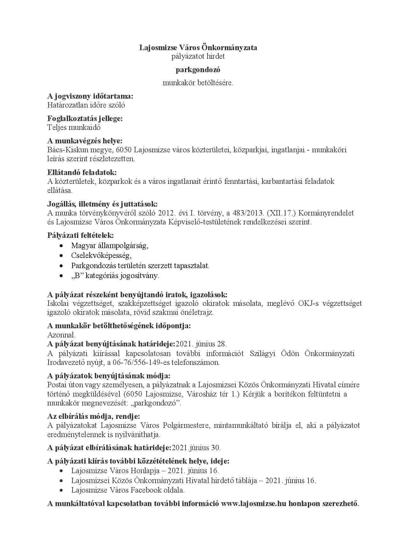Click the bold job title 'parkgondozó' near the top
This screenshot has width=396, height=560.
(x=198, y=70)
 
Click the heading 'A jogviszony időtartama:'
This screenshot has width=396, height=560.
(x=90, y=96)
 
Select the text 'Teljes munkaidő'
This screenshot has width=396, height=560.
(x=74, y=127)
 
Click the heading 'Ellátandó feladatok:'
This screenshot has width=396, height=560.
(x=82, y=172)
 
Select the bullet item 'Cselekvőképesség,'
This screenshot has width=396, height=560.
(x=101, y=255)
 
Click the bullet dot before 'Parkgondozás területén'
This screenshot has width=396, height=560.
(x=61, y=266)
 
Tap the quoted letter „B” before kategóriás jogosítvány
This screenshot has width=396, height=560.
(x=76, y=276)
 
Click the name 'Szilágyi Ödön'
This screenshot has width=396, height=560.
(x=275, y=353)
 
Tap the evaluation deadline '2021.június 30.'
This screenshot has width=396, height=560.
(x=196, y=448)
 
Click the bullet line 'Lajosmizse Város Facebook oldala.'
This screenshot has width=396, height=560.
(x=128, y=490)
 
